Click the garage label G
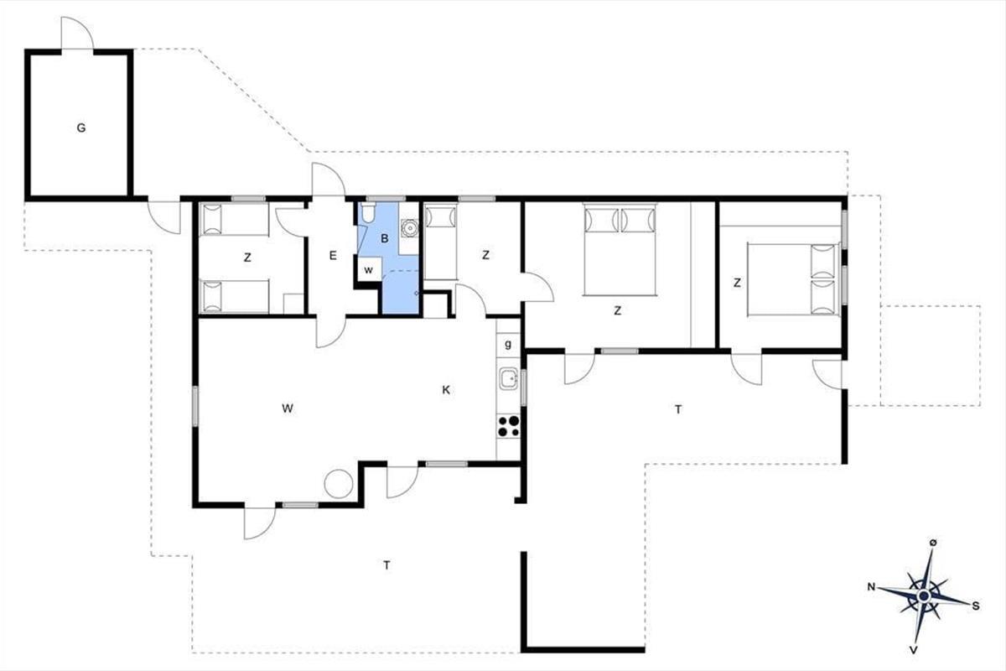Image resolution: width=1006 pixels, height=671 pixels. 80,128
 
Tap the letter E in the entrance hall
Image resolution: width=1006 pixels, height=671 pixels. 333,256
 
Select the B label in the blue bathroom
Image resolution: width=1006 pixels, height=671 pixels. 385,239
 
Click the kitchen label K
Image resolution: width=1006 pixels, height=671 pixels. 446,390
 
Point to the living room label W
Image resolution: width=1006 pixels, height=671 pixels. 288,408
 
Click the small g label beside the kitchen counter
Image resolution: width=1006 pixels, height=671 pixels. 508,345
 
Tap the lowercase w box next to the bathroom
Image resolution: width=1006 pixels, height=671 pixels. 369,270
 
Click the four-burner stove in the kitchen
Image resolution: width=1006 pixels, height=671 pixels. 508,427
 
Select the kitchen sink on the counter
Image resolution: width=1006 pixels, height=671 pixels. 509,378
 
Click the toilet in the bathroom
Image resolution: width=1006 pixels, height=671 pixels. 368,213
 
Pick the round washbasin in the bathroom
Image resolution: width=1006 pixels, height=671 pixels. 409,227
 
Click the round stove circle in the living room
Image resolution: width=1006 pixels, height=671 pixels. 338,483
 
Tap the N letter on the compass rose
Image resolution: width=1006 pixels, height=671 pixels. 871,587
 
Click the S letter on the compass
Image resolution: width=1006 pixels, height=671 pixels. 976,606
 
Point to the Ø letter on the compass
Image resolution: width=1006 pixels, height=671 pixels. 933,543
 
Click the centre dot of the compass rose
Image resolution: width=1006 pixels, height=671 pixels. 924,596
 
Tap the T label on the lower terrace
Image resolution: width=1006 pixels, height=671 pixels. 386,565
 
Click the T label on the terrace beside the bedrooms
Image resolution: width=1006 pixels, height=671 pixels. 678,410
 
